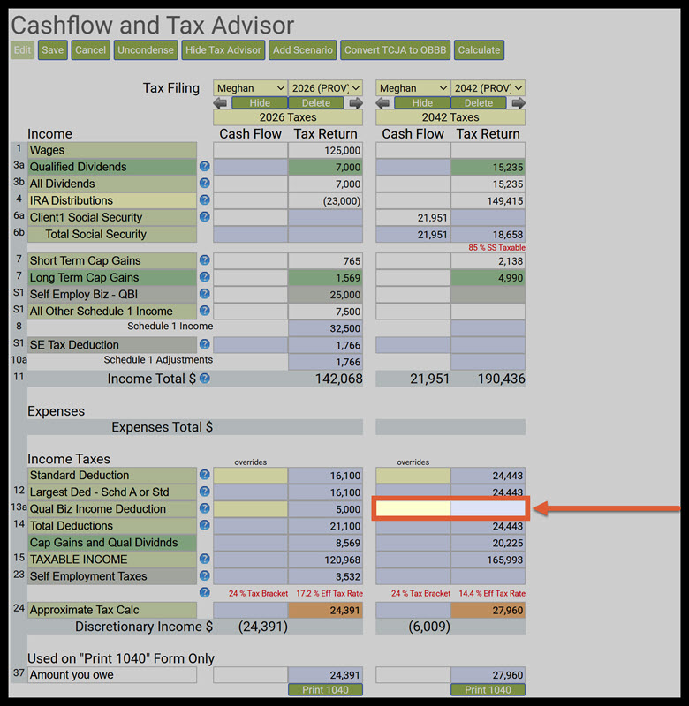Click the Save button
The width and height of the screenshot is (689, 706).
click(x=53, y=50)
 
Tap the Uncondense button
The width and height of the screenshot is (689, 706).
click(x=146, y=50)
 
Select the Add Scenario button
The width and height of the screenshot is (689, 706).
click(x=303, y=50)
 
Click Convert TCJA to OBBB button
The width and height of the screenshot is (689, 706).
click(x=396, y=50)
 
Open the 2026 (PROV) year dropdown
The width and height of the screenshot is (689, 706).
click(x=326, y=88)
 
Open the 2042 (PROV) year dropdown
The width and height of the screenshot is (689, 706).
click(x=488, y=88)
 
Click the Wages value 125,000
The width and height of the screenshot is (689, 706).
click(x=325, y=151)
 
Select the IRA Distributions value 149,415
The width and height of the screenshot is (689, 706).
click(x=488, y=201)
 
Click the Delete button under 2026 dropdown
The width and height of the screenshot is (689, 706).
click(x=316, y=103)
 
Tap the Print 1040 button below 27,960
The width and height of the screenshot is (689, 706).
click(x=488, y=690)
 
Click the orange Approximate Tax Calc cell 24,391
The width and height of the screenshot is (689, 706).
click(x=325, y=610)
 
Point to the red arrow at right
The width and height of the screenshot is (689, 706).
click(x=609, y=508)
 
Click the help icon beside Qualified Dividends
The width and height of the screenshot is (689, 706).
click(x=205, y=167)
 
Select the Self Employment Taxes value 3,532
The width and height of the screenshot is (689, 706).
click(x=325, y=576)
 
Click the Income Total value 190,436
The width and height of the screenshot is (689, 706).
click(x=488, y=379)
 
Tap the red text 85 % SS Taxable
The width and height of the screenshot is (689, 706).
click(x=496, y=248)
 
